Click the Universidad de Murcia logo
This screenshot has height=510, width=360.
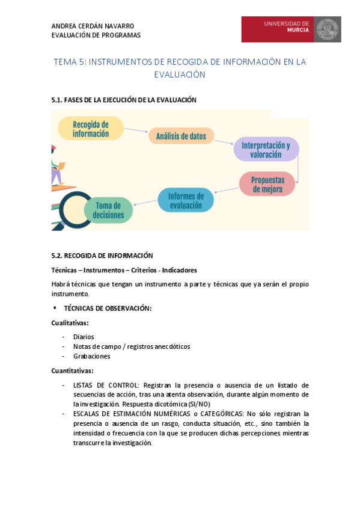291,29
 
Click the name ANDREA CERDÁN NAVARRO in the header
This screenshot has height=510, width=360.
93,26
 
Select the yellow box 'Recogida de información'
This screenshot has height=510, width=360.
91,129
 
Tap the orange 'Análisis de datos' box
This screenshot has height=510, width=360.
181,137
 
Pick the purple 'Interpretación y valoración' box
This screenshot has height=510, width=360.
266,149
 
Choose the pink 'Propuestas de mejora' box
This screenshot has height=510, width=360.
267,184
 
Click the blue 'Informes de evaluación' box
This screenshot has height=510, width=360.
186,200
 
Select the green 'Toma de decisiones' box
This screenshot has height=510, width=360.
108,210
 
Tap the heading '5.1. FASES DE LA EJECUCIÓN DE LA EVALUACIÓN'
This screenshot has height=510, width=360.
124,100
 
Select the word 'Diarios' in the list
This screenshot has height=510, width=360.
84,337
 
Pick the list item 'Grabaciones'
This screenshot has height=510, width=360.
91,356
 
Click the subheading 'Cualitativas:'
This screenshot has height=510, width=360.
70,323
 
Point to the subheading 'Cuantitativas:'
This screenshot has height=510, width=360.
72,370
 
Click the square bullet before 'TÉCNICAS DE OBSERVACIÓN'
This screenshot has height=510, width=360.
55,307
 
